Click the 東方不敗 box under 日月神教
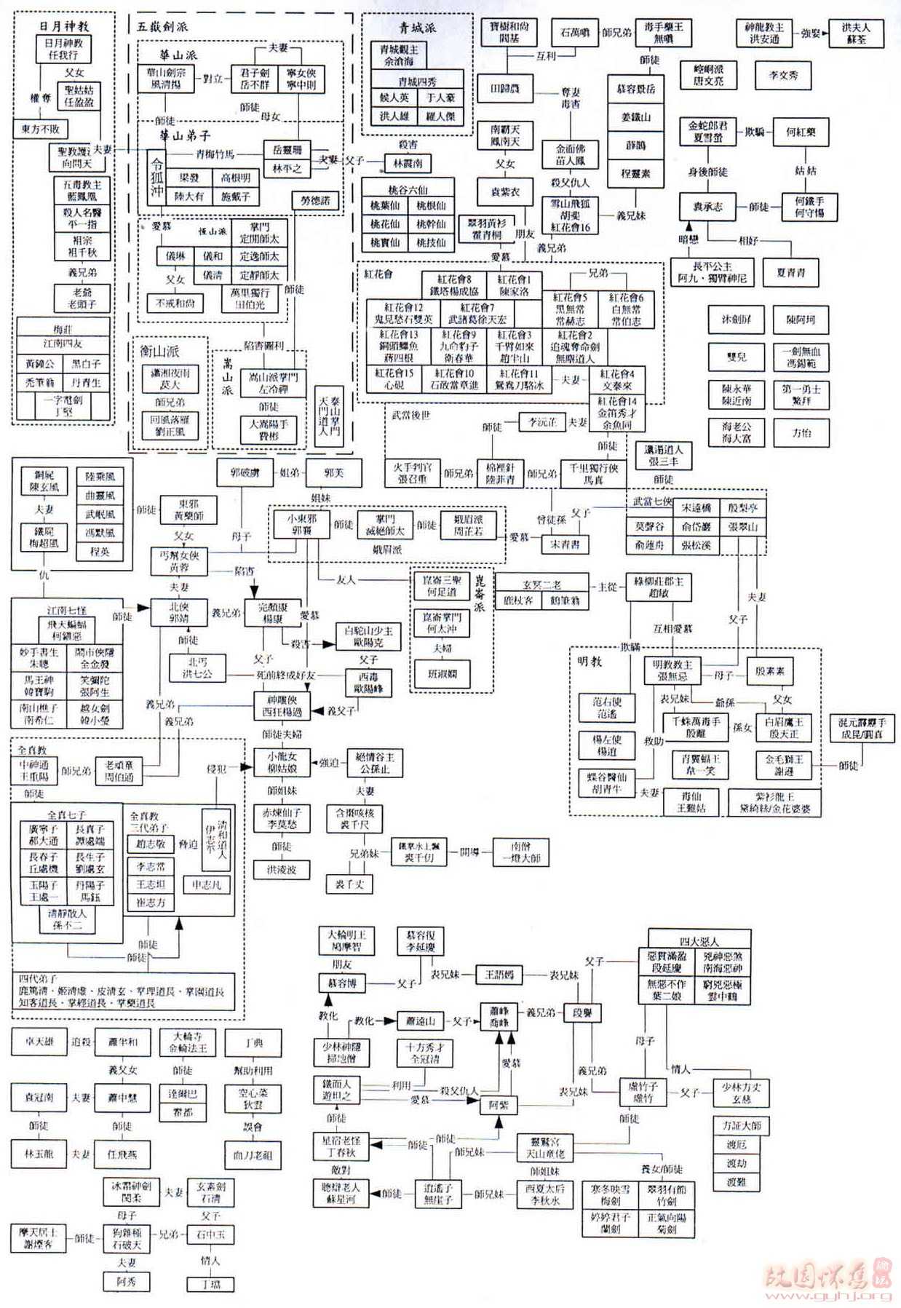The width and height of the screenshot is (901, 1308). coord(40,129)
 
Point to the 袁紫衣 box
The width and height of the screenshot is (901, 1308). coord(505,192)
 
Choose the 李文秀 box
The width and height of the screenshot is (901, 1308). coord(783,75)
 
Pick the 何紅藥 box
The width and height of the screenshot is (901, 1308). coord(801,132)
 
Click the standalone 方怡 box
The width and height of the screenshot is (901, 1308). coord(801,432)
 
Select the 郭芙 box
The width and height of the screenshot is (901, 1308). coord(333,473)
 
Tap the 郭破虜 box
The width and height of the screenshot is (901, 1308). coord(245,473)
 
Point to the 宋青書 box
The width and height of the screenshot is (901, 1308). coord(565,544)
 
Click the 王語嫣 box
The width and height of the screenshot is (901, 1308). coord(499,974)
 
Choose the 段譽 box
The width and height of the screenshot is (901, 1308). coord(582,1012)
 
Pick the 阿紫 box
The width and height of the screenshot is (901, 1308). coord(499,1104)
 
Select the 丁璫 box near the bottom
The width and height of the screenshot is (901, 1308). coord(210,1284)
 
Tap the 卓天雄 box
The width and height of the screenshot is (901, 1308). coord(39,1042)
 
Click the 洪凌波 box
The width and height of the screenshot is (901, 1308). coord(281,869)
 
